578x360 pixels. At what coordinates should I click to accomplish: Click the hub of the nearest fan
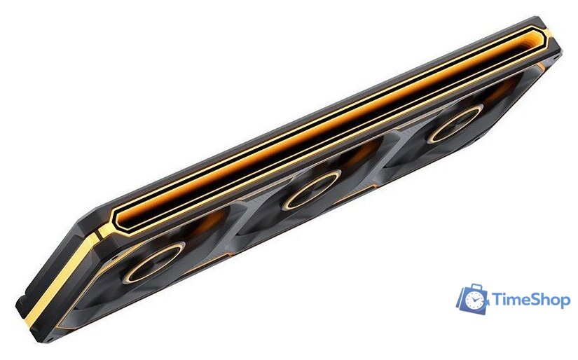point(153,263)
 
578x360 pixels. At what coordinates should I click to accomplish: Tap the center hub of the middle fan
point(312,190)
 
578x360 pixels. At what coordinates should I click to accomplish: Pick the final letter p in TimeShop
point(563,303)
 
